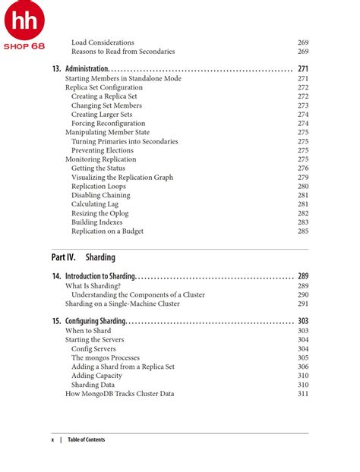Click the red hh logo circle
24,21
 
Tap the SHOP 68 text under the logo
24,46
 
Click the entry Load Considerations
103,42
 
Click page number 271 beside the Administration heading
302,68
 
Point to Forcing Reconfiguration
108,123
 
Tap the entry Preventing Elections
103,150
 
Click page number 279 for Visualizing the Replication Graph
302,178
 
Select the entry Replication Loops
99,186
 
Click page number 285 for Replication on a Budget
302,231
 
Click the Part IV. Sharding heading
84,257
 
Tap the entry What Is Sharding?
93,285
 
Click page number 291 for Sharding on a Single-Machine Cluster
302,304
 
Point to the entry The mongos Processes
106,357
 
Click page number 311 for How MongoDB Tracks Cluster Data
302,394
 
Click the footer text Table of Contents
86,439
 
